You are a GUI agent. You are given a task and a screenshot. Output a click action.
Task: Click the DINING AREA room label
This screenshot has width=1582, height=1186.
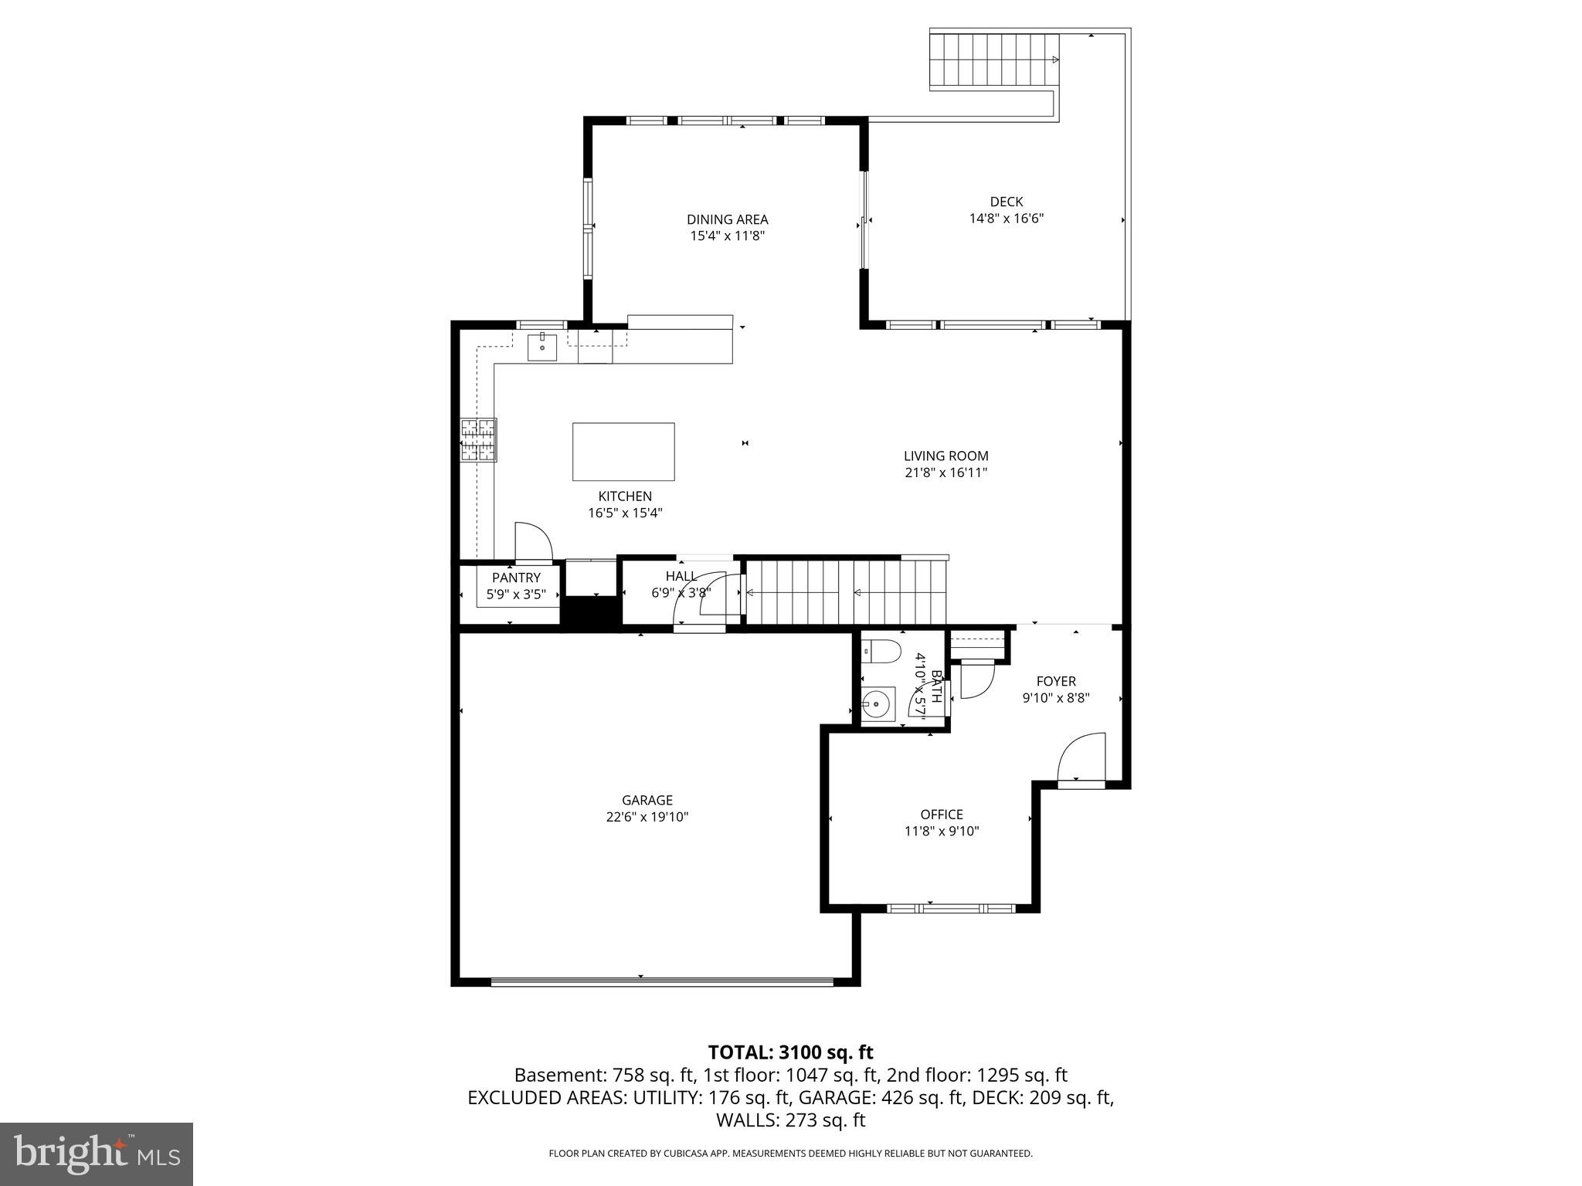727,219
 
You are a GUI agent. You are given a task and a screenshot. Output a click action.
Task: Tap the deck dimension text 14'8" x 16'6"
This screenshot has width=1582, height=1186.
1006,219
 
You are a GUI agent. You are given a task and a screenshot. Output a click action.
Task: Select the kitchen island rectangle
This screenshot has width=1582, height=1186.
623,452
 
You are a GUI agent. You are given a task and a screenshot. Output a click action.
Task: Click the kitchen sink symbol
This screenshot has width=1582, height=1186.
542,347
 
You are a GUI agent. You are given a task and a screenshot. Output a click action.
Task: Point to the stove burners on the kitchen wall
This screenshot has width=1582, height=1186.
478,440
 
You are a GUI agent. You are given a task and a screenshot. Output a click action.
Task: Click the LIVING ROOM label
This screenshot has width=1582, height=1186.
945,456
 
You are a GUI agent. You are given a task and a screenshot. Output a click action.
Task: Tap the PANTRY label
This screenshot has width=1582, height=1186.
516,578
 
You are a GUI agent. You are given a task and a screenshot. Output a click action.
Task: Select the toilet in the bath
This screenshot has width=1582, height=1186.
881,652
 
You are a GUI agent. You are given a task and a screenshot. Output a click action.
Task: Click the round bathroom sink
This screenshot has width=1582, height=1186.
876,704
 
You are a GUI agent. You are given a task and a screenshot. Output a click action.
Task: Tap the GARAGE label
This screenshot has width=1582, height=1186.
647,800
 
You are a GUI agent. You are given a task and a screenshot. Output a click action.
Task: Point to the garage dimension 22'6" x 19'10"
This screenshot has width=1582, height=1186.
647,817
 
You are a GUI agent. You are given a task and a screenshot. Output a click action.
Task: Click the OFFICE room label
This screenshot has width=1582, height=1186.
941,814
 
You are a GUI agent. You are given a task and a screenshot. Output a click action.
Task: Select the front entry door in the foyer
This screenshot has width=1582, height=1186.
1081,760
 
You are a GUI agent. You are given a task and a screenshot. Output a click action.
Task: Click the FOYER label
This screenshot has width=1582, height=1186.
1055,681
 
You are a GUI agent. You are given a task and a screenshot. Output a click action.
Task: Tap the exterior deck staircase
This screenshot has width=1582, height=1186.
993,60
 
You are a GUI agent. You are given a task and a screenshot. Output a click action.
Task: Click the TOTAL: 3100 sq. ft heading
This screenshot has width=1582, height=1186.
790,1052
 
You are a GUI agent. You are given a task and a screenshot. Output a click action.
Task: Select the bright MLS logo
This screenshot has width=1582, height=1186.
97,1154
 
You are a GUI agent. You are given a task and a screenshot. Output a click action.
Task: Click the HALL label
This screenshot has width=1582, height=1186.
681,576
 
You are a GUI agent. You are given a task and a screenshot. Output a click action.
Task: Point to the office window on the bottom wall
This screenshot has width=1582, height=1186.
950,909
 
